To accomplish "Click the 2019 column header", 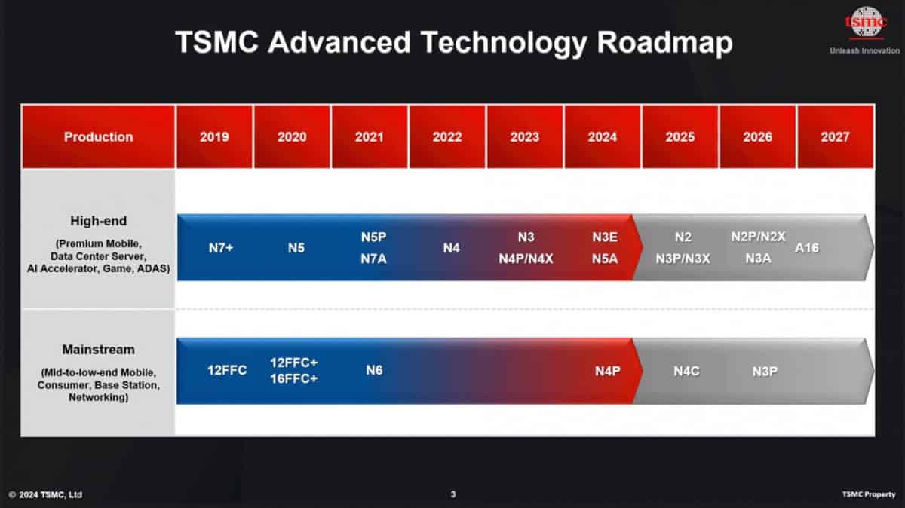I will point(214,136).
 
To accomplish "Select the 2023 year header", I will point(524,136).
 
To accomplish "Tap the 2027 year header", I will point(835,136).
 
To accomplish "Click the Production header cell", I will point(98,136).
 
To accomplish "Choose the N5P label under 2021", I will point(373,237).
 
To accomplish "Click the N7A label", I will point(373,259).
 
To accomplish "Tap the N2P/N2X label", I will point(758,237).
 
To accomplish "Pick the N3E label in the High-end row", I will point(604,237).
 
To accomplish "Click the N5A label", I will point(604,259).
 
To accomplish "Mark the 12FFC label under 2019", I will point(227,370).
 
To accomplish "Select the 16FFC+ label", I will point(294,378).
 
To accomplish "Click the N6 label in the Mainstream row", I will point(374,370).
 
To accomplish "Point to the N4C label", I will point(687,371).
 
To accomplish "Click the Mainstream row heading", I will point(98,350).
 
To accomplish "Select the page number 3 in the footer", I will point(452,494).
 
